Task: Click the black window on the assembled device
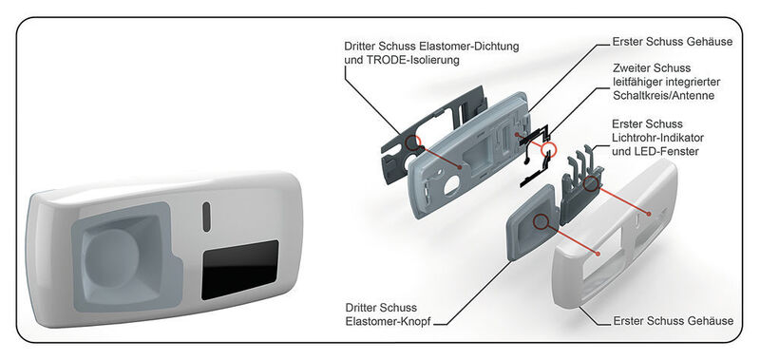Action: pos(239,269)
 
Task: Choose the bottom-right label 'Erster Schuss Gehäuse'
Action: pos(672,321)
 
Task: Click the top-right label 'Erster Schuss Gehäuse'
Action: pos(662,44)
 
